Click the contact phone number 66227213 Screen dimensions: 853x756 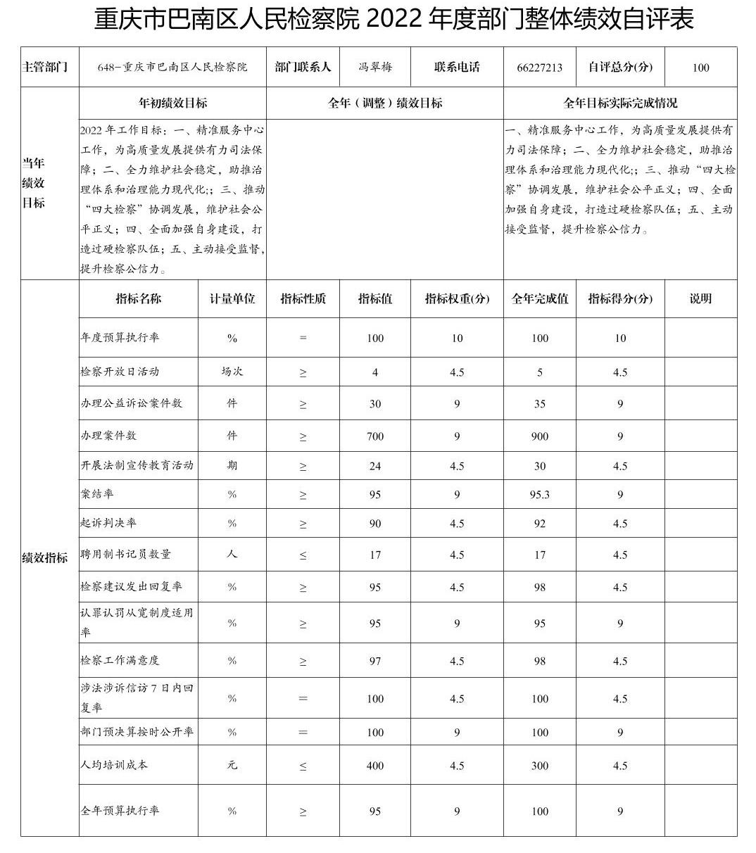539,68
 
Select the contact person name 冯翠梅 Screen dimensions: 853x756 375,67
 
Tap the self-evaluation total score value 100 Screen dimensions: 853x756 700,68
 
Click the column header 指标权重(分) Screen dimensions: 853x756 457,298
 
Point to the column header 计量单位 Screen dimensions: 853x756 232,298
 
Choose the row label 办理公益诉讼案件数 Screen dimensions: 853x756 132,403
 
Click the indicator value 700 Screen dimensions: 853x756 375,436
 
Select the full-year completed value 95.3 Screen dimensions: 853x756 540,495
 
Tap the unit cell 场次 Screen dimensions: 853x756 232,372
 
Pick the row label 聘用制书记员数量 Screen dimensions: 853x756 126,555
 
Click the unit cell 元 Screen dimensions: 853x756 232,765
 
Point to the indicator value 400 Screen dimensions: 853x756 375,766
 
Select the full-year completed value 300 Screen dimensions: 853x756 540,766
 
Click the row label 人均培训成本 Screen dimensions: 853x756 115,765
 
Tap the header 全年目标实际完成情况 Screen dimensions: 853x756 620,103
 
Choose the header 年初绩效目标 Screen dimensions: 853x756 173,103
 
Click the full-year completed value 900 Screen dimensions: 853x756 540,436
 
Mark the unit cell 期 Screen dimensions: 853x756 232,466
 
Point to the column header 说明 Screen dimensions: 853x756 700,298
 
